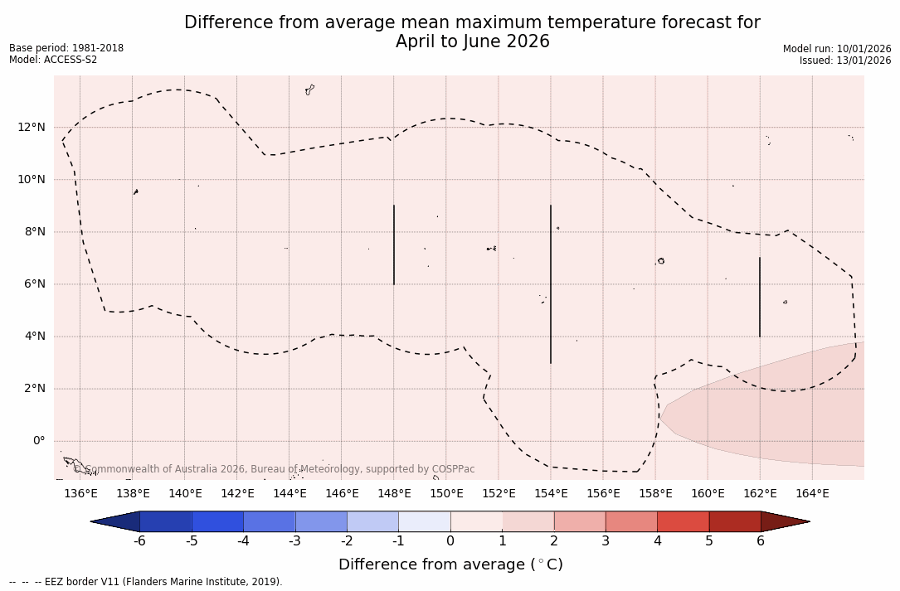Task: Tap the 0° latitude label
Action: [38, 440]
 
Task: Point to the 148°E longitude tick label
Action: [394, 494]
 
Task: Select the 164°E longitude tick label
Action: [812, 494]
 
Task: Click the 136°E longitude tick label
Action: [80, 494]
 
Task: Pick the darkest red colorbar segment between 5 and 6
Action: [734, 521]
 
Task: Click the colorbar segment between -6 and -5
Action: [166, 521]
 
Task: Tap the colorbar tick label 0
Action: [450, 541]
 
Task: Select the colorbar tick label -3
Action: [294, 541]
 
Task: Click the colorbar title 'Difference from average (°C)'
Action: [450, 564]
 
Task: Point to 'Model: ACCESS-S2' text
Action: [53, 60]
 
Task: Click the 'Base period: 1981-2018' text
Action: [66, 48]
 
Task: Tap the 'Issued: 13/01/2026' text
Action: [845, 61]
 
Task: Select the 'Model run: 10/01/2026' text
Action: [837, 49]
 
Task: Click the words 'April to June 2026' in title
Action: [472, 41]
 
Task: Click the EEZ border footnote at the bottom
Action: [146, 582]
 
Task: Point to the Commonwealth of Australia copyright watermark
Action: [275, 469]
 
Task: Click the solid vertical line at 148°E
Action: [394, 245]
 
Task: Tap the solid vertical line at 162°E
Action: [760, 297]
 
